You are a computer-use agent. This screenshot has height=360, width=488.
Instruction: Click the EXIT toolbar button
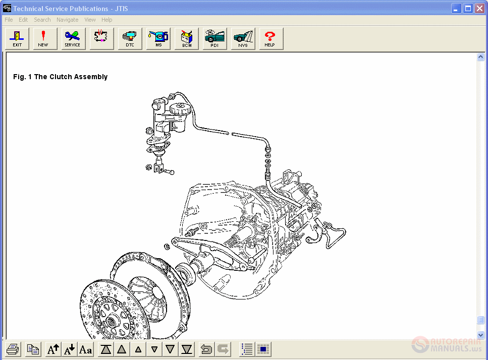pos(17,39)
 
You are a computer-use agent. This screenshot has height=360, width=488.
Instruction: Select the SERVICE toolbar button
pos(72,39)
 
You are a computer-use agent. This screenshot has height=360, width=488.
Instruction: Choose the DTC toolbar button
pos(130,39)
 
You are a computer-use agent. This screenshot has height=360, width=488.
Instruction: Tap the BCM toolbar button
pos(187,39)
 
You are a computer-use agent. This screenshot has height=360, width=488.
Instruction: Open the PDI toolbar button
pos(215,39)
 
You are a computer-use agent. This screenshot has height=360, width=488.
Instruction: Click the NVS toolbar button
pos(243,39)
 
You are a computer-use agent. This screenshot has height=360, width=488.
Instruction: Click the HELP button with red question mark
pos(270,39)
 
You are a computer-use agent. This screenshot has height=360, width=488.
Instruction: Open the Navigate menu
pos(67,20)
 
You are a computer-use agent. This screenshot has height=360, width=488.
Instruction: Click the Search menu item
pos(42,20)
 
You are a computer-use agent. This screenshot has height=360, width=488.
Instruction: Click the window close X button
pos(479,8)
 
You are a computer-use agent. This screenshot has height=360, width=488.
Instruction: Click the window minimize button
pos(456,8)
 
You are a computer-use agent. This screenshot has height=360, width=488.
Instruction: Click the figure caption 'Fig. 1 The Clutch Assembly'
pos(60,77)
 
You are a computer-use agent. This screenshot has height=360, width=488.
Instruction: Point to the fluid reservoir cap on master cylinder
pos(179,107)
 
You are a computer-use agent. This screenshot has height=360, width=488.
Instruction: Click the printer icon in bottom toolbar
pos(13,349)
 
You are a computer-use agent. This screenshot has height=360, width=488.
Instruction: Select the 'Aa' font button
pos(86,349)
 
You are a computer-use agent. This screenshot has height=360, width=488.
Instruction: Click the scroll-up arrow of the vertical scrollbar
pos(480,57)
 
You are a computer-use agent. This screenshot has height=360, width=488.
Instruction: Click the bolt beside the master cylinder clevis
pos(169,172)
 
